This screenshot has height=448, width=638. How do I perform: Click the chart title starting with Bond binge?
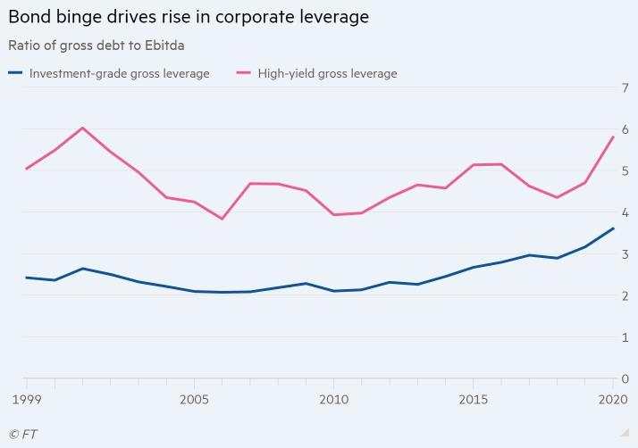point(189,17)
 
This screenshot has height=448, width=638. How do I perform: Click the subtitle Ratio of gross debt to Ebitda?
point(96,46)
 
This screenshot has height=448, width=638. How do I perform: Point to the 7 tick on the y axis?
point(625,87)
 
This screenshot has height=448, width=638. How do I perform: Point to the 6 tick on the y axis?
point(625,129)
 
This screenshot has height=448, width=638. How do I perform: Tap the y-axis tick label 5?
point(625,170)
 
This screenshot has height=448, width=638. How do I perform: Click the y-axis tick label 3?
point(625,254)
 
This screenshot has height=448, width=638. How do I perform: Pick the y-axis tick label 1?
point(625,337)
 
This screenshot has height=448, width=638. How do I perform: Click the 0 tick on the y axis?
point(625,379)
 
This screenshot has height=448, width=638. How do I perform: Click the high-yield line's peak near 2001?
point(82,128)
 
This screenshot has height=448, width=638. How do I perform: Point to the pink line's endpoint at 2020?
point(613,137)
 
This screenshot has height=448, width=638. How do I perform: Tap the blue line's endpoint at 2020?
point(613,228)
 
